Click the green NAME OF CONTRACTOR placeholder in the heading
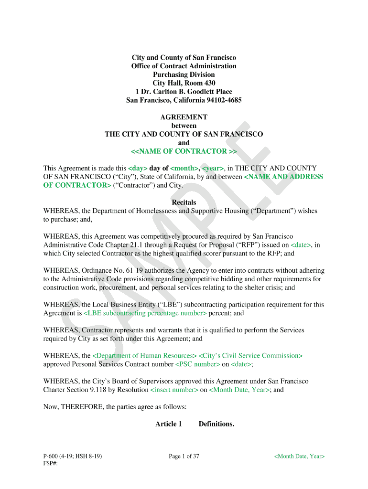tap(184, 151)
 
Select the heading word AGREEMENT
tap(184, 117)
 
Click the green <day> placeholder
tap(138, 168)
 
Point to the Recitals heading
tap(184, 202)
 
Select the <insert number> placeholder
tap(174, 390)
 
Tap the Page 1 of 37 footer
tap(184, 457)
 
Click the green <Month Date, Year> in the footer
tap(299, 457)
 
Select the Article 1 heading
tap(169, 424)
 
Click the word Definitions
tap(216, 424)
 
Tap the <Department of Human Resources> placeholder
tap(144, 356)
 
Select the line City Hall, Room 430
tap(184, 83)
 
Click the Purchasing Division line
tap(184, 74)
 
